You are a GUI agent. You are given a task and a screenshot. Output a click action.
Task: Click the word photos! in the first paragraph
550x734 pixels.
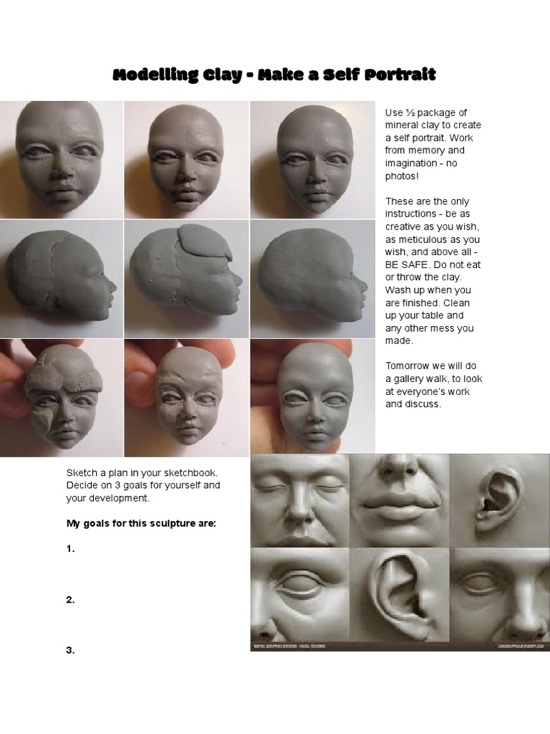pyautogui.click(x=401, y=176)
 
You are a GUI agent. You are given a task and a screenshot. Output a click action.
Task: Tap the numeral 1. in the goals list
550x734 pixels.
pyautogui.click(x=71, y=549)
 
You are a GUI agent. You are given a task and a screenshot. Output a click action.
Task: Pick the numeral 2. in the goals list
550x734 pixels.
pyautogui.click(x=71, y=600)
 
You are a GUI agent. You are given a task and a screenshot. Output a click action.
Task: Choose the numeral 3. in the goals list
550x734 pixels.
pyautogui.click(x=71, y=650)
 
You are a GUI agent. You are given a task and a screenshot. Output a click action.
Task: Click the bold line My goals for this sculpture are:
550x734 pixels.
pyautogui.click(x=141, y=523)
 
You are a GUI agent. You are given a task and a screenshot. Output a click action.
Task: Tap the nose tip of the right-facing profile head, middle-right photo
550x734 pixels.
pyautogui.click(x=364, y=286)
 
